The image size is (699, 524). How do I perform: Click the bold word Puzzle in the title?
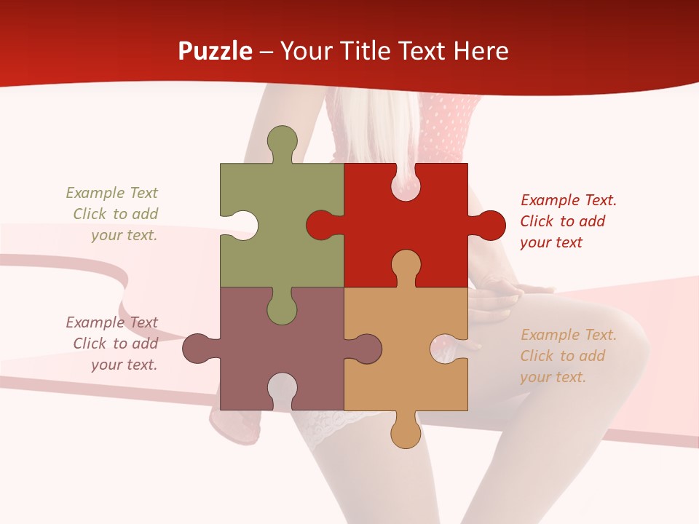tap(216, 51)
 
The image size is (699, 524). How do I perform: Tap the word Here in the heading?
tap(480, 51)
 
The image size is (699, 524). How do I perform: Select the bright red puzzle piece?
tap(422, 211)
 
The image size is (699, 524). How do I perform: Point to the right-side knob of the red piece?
tap(488, 225)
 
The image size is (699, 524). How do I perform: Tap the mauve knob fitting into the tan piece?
tap(364, 349)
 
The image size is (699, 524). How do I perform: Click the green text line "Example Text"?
tap(111, 193)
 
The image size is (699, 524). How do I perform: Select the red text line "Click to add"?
tap(562, 221)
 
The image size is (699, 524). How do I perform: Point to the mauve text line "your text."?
tap(124, 365)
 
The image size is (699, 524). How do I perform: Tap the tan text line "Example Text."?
tap(569, 335)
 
